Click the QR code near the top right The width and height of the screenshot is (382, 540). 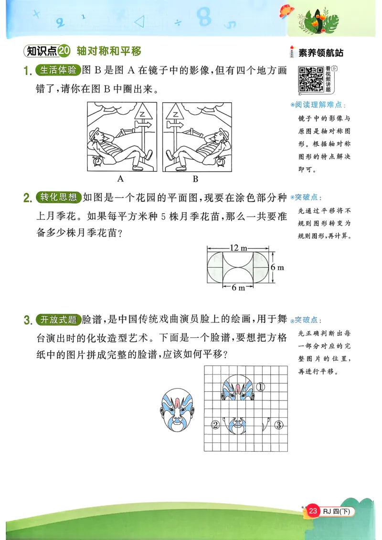311,79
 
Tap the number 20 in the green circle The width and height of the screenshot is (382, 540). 65,51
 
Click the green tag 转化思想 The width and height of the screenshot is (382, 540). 58,197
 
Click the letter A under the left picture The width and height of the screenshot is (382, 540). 120,179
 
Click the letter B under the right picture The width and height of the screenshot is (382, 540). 195,179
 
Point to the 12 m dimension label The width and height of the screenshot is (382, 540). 238,248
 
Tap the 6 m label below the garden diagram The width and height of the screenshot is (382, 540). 238,288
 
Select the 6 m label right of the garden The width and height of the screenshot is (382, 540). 277,268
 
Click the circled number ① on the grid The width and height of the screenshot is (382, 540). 260,387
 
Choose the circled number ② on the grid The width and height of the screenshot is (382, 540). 215,425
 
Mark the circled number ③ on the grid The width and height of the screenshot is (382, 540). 279,425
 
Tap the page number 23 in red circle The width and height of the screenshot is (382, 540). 313,511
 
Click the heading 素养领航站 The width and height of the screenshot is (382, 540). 320,53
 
